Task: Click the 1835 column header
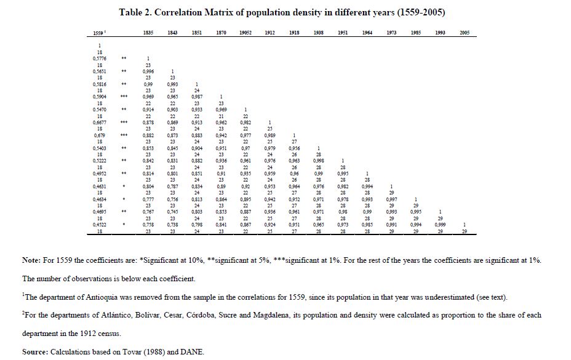(148, 33)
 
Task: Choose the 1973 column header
(391, 33)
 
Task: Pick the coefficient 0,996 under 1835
(148, 71)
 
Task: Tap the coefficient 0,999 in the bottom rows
(440, 225)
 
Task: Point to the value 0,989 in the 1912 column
(270, 135)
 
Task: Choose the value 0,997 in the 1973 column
(391, 199)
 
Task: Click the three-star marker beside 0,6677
(124, 122)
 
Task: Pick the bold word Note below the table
(32, 261)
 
